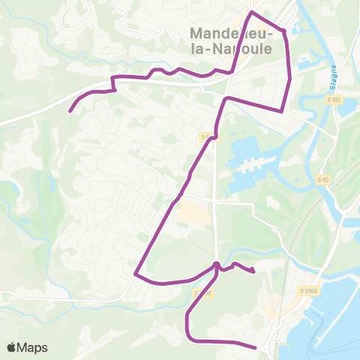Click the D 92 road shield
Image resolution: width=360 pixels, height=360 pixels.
[x=323, y=180]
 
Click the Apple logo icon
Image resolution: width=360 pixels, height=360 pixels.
[x=11, y=347]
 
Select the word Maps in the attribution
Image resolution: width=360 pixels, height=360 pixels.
[x=33, y=347]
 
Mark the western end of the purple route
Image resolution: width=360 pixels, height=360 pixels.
[x=70, y=112]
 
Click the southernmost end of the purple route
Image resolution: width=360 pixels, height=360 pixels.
[x=256, y=347]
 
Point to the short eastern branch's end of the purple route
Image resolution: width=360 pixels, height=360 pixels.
[x=254, y=271]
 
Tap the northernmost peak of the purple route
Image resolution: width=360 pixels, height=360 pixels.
[x=252, y=13]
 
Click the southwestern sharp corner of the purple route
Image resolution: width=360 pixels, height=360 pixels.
[x=135, y=274]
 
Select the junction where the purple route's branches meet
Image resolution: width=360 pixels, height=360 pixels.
[x=216, y=265]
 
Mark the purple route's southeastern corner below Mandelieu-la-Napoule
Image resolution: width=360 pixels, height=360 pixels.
[x=281, y=111]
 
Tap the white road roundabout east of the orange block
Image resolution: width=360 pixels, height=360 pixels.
[x=216, y=202]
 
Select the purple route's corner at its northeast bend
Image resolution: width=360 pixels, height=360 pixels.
[x=284, y=31]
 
